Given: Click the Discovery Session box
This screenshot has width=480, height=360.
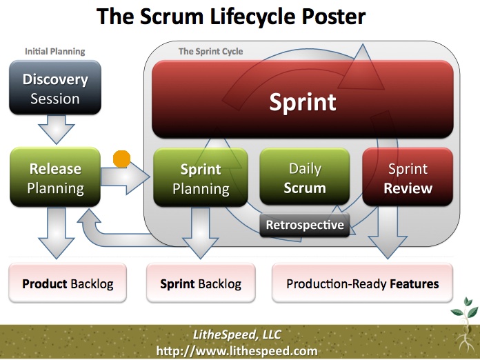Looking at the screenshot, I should (x=55, y=88).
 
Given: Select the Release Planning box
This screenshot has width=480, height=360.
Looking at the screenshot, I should (x=55, y=178).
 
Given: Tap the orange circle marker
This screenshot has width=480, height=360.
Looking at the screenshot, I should (x=121, y=160).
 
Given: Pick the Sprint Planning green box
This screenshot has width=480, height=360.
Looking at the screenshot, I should (x=201, y=178).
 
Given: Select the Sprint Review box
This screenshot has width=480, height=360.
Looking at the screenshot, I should (x=408, y=178).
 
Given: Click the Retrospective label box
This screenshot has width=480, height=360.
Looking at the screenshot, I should (x=305, y=225).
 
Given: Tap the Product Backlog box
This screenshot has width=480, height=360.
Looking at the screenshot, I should (x=68, y=283).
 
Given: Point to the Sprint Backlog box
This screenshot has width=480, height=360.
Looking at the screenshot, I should (x=201, y=283).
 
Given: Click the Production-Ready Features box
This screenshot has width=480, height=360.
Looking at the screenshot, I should (x=363, y=283).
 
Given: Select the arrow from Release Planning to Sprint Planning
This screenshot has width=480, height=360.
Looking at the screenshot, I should (x=128, y=179).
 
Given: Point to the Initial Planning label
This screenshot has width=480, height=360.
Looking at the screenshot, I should (x=55, y=51).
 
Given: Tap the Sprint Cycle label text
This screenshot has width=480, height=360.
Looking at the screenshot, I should (x=210, y=51).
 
